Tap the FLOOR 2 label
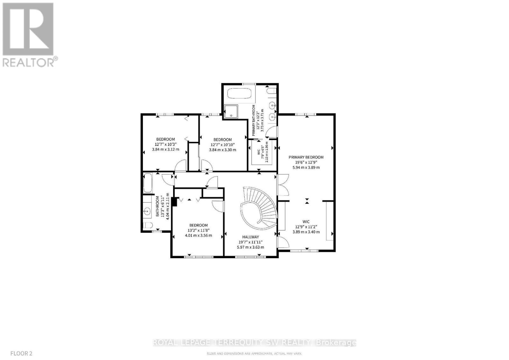pos(21,353)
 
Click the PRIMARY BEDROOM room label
pos(306,157)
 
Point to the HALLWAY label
pos(251,237)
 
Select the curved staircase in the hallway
pos(259,207)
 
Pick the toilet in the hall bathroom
pos(148,226)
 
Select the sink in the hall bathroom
pos(147,210)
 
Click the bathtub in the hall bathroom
pos(148,183)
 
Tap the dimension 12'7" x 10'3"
pos(165,144)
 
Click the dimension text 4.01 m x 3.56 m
pos(198,236)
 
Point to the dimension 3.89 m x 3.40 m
pos(306,232)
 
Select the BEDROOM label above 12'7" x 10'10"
pos(222,140)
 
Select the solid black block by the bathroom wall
pos(174,202)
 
